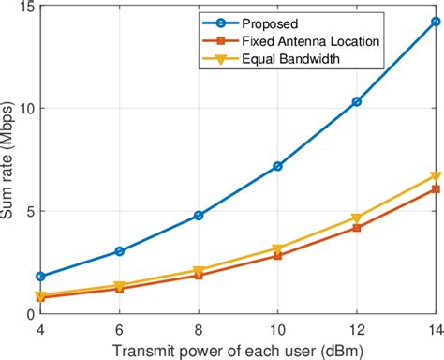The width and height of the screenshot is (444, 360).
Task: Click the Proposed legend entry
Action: click(x=271, y=22)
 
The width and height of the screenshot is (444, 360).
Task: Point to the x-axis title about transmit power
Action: click(x=238, y=351)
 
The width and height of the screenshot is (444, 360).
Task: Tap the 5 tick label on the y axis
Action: click(x=28, y=211)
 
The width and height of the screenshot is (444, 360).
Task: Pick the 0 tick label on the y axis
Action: click(x=28, y=314)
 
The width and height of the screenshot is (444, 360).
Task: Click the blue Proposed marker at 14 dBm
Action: click(x=435, y=22)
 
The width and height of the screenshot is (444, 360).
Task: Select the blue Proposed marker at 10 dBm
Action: click(x=277, y=166)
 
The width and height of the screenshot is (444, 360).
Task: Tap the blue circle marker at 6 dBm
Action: click(x=119, y=251)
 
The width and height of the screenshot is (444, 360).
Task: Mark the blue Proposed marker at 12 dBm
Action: click(x=356, y=101)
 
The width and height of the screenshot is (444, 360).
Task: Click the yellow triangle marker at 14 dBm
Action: click(x=435, y=176)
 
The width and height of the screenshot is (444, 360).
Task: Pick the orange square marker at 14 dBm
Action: click(x=435, y=189)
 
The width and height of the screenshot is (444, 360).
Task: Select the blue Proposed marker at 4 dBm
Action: click(x=40, y=277)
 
